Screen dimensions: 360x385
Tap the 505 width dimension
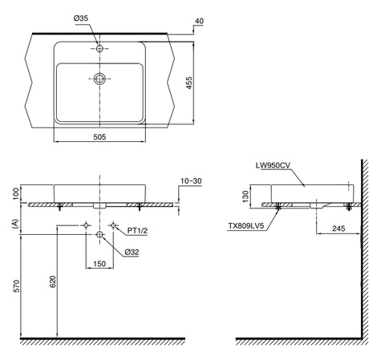pyautogui.click(x=100, y=137)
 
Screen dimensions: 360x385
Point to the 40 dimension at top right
pyautogui.click(x=199, y=22)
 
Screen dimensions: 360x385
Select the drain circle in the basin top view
pyautogui.click(x=100, y=79)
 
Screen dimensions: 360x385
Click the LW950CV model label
pyautogui.click(x=274, y=165)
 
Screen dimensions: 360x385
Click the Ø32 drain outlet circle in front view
pyautogui.click(x=100, y=236)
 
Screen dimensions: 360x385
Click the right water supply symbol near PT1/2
pyautogui.click(x=114, y=225)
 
